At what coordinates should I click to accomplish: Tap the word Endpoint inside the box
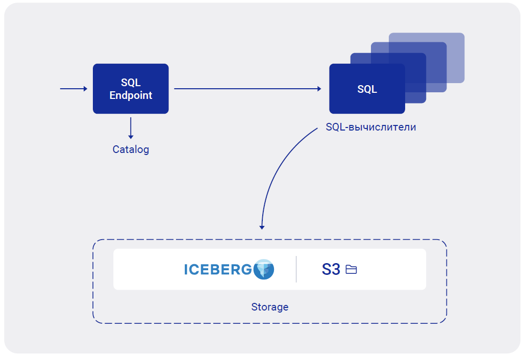tap(131, 95)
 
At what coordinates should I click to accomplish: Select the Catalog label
tap(131, 149)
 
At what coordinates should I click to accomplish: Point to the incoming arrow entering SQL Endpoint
tap(73, 89)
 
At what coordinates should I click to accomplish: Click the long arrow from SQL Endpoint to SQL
tap(247, 89)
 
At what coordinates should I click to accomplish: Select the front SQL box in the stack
tap(367, 89)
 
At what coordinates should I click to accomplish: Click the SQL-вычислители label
tap(371, 127)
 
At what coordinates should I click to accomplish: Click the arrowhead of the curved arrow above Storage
tap(262, 226)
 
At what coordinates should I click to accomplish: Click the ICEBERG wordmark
tap(218, 269)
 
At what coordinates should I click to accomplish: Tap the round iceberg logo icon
tap(263, 269)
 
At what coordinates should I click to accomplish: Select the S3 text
tap(331, 269)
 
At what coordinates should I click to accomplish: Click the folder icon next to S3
tap(351, 269)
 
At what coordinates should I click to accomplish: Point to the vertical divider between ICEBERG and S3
tap(296, 269)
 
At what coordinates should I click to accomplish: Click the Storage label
tap(269, 307)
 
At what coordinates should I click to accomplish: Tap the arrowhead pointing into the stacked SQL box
tap(319, 89)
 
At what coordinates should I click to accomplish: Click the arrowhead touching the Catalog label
tap(131, 137)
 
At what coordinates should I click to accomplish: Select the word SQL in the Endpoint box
tap(131, 83)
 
